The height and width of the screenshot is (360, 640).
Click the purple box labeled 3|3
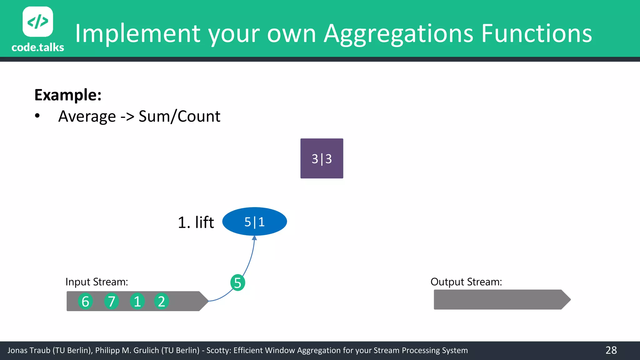pyautogui.click(x=322, y=158)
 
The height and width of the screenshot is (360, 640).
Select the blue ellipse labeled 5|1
pyautogui.click(x=254, y=222)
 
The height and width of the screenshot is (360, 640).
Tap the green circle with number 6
pyautogui.click(x=85, y=301)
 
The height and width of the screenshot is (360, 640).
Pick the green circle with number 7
pyautogui.click(x=112, y=301)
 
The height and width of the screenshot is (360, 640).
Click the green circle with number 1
pyautogui.click(x=137, y=301)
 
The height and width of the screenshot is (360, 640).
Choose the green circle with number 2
pyautogui.click(x=161, y=301)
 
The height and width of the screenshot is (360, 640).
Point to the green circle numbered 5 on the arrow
pyautogui.click(x=237, y=282)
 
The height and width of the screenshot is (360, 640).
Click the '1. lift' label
pyautogui.click(x=196, y=222)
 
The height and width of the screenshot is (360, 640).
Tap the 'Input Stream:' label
pyautogui.click(x=97, y=282)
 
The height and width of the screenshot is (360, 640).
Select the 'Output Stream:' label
pyautogui.click(x=466, y=282)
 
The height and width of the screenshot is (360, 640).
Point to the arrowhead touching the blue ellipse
pyautogui.click(x=254, y=238)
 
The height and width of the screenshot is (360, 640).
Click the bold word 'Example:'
pyautogui.click(x=68, y=95)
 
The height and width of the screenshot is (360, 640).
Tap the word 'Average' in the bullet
pyautogui.click(x=87, y=117)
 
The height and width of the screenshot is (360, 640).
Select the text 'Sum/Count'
pyautogui.click(x=179, y=117)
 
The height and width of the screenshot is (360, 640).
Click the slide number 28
pyautogui.click(x=611, y=350)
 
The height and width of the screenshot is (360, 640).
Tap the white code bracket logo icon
pyautogui.click(x=38, y=22)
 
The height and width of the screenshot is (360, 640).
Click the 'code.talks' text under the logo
pyautogui.click(x=38, y=47)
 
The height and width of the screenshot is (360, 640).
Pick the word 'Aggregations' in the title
pyautogui.click(x=398, y=34)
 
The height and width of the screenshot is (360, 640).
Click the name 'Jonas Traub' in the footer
pyautogui.click(x=28, y=350)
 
